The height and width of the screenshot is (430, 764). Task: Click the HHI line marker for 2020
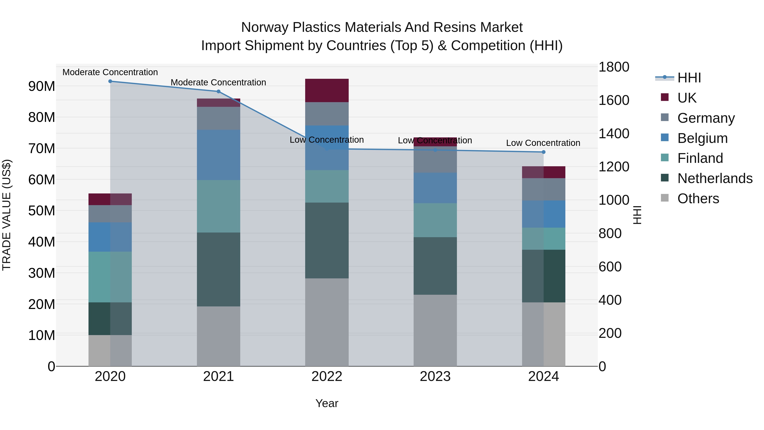coord(110,81)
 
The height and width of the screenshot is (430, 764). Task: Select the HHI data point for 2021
coord(219,91)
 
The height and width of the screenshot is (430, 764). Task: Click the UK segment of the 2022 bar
coord(327,90)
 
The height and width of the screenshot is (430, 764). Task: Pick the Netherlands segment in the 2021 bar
coord(219,269)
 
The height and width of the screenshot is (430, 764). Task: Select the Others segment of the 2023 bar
coord(435,330)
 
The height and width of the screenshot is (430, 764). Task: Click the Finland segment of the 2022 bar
coord(327,186)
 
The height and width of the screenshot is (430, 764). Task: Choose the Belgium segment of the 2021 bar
coord(219,155)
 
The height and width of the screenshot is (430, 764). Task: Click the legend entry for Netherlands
coord(715,178)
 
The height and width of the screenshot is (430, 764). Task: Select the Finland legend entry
coord(700,158)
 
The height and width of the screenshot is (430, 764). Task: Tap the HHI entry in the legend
coord(689,78)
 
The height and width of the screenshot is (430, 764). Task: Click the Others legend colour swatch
coord(665,198)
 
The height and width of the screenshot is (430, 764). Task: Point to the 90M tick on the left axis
coord(42,86)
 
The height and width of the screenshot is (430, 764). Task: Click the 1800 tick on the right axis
coord(614,67)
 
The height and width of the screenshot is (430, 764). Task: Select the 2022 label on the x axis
coord(327,376)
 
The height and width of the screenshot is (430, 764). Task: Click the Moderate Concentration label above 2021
coord(218,83)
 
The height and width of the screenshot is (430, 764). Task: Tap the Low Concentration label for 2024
coord(543,143)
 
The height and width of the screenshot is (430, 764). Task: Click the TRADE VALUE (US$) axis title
coord(7,215)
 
